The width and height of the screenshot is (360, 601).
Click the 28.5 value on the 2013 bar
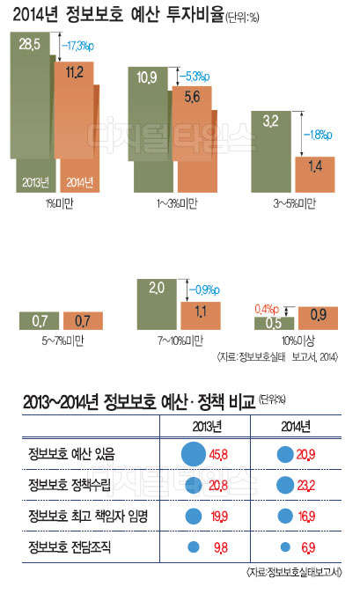(31, 43)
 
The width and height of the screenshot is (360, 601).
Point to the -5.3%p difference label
(197, 77)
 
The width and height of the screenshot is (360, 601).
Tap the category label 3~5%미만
(294, 203)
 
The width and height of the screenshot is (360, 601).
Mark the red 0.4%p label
(268, 309)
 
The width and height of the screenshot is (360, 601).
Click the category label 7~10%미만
(181, 340)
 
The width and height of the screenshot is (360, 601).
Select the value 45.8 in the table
(218, 455)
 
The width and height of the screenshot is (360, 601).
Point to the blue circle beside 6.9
(284, 546)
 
